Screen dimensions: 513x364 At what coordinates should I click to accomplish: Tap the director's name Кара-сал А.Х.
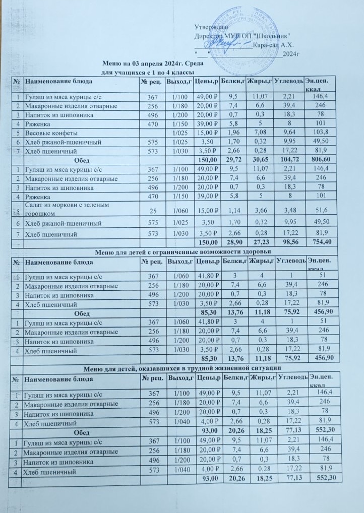(272, 45)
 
